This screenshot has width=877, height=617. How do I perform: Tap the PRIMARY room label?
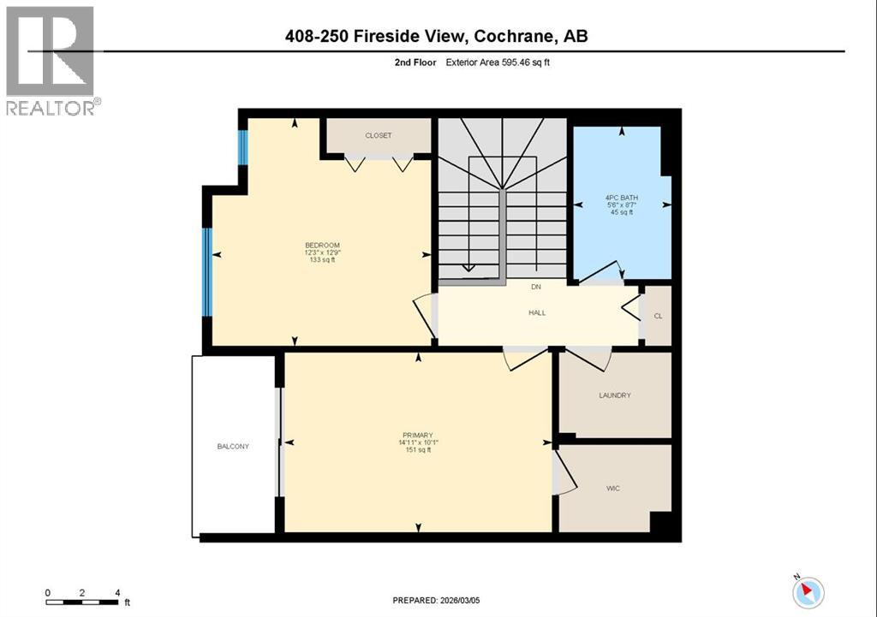[x=418, y=435]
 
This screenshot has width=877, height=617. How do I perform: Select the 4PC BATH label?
[x=621, y=199]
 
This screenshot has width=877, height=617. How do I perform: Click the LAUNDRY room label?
[x=614, y=395]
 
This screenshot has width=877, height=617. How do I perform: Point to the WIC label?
[x=612, y=489]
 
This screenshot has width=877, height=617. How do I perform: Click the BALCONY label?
[x=233, y=447]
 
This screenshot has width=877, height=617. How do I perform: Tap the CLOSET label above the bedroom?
[x=378, y=136]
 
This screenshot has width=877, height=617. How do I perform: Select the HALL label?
[x=536, y=313]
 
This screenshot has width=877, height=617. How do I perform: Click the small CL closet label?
[x=658, y=316]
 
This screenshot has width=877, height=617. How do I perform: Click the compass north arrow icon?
[x=808, y=592]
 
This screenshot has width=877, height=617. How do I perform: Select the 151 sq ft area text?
[x=418, y=450]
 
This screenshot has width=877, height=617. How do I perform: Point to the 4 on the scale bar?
[x=117, y=592]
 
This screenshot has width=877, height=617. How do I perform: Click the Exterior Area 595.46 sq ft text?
[x=498, y=62]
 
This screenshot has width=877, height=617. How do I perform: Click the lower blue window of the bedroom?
[x=206, y=272]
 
